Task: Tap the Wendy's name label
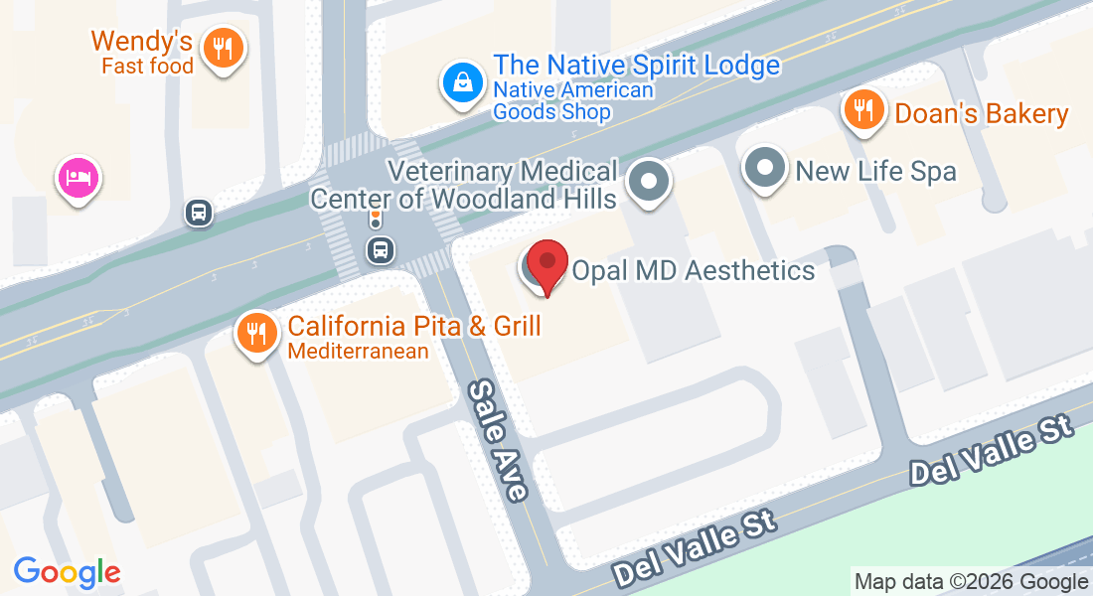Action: click(141, 42)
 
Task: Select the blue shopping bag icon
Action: click(463, 82)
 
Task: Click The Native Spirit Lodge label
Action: click(636, 66)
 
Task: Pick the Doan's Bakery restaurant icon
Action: click(864, 109)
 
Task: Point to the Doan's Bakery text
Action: click(982, 113)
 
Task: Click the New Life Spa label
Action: click(875, 171)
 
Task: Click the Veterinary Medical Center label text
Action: click(464, 185)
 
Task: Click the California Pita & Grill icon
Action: click(257, 333)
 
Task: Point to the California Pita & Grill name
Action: click(414, 326)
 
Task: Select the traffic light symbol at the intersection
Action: click(376, 218)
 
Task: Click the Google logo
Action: click(68, 572)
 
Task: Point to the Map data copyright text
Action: click(971, 582)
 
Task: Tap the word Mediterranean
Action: click(358, 351)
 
